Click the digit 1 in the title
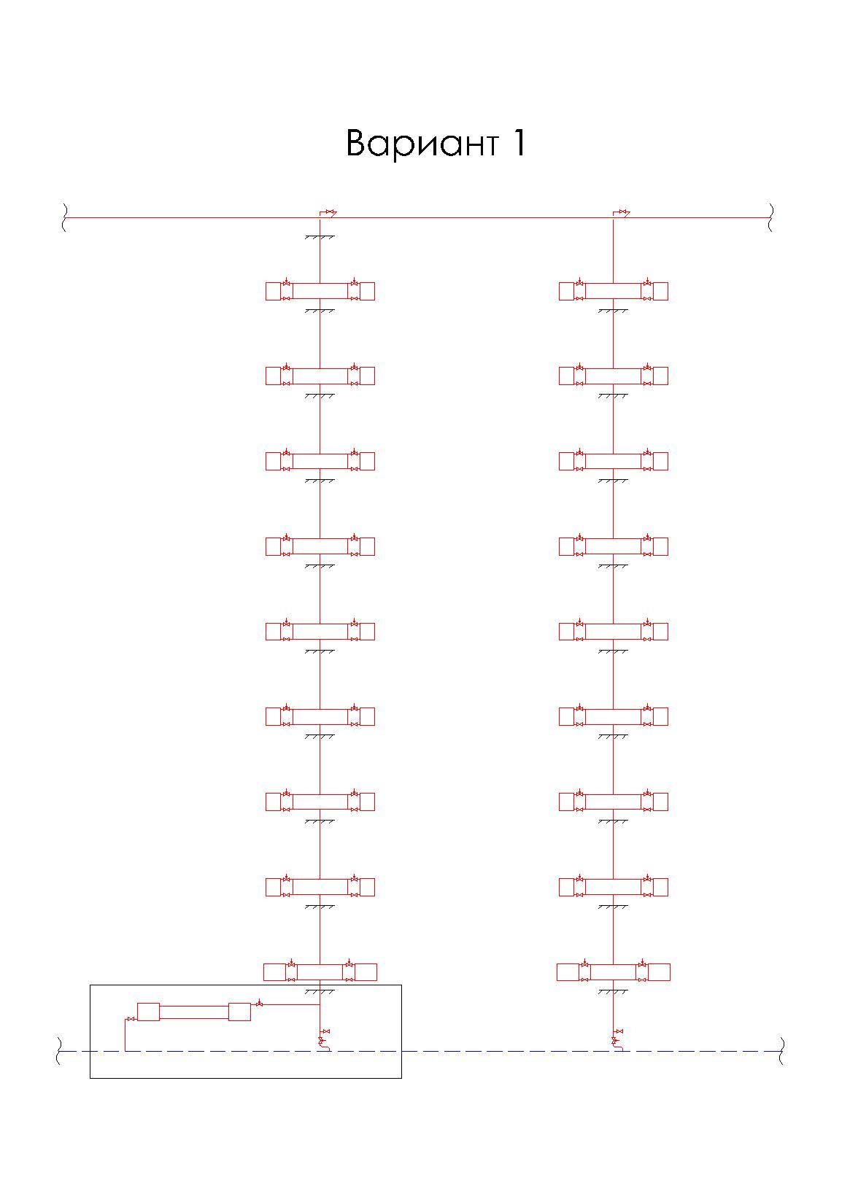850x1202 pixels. point(517,143)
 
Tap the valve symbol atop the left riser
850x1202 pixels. point(330,212)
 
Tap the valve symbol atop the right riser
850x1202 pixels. point(623,212)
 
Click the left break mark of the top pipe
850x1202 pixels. point(64,217)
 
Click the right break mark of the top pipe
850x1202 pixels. point(771,217)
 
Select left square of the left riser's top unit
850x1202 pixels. point(273,291)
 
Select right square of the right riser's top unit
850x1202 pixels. point(660,291)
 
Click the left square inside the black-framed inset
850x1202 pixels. point(148,1012)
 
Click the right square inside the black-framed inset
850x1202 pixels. point(239,1012)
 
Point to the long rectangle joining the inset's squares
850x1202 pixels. point(193,1012)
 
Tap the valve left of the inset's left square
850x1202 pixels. point(131,1018)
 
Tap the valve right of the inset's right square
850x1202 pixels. point(259,1004)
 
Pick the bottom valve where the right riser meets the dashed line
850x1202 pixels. point(614,1040)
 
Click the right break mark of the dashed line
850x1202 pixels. point(781,1051)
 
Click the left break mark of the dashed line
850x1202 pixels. point(60,1051)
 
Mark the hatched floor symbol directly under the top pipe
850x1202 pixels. point(320,238)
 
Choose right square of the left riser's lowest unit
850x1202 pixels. point(366,972)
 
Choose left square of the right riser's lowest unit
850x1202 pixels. point(568,972)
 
